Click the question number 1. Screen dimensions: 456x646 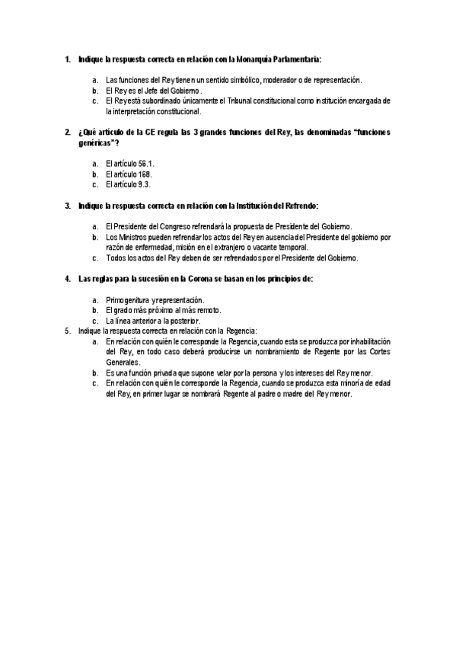pos(68,59)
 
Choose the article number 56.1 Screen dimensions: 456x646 pos(143,164)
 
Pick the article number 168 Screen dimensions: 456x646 pos(141,174)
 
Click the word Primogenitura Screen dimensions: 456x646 pos(128,300)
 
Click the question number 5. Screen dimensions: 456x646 pos(68,331)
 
